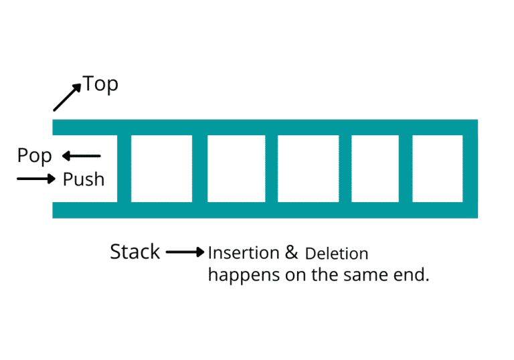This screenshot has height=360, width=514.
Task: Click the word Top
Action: tap(100, 85)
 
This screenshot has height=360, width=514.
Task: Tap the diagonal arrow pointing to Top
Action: tap(67, 96)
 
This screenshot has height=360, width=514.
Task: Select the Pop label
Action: tap(34, 156)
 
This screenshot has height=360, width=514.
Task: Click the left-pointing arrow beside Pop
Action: tap(81, 157)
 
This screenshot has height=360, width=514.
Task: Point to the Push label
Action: tap(84, 179)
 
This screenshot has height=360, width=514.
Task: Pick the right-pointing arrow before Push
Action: tap(36, 179)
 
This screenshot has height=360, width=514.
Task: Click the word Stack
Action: tap(135, 252)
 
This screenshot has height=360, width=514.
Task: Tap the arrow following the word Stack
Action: tap(185, 252)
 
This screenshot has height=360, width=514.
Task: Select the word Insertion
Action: tap(244, 253)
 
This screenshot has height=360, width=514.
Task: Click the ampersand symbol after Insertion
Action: tap(291, 253)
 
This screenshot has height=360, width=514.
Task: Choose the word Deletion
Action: tap(337, 254)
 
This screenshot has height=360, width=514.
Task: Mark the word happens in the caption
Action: tap(238, 275)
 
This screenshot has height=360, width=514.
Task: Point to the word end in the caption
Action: tap(411, 275)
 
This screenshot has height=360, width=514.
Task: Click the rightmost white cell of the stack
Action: tap(437, 169)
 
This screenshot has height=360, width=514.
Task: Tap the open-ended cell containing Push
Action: tap(85, 169)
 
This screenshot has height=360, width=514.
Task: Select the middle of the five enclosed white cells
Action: tap(304, 169)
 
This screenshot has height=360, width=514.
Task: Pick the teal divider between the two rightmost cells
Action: tap(406, 169)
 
